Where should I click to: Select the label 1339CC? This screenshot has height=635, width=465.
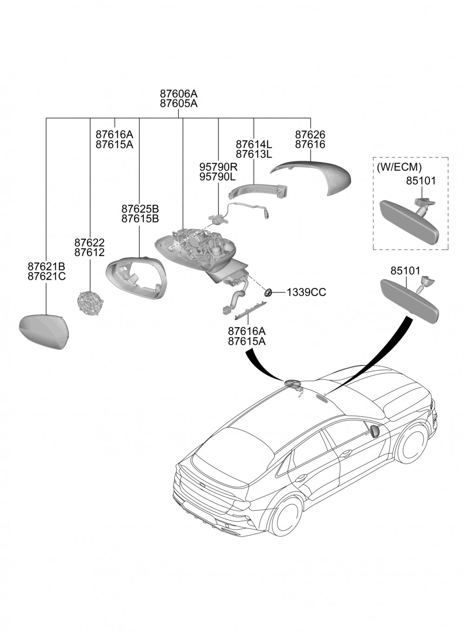point(306,292)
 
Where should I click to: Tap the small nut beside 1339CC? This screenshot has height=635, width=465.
point(268,293)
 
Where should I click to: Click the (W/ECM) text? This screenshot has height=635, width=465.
point(399,167)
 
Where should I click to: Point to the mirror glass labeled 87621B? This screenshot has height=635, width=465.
point(44,330)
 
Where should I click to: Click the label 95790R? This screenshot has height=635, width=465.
point(218,167)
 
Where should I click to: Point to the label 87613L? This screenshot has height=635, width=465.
point(254,154)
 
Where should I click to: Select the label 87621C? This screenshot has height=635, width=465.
point(46,277)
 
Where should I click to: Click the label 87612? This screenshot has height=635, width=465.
point(89,253)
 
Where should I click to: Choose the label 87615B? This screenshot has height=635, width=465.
point(140,218)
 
